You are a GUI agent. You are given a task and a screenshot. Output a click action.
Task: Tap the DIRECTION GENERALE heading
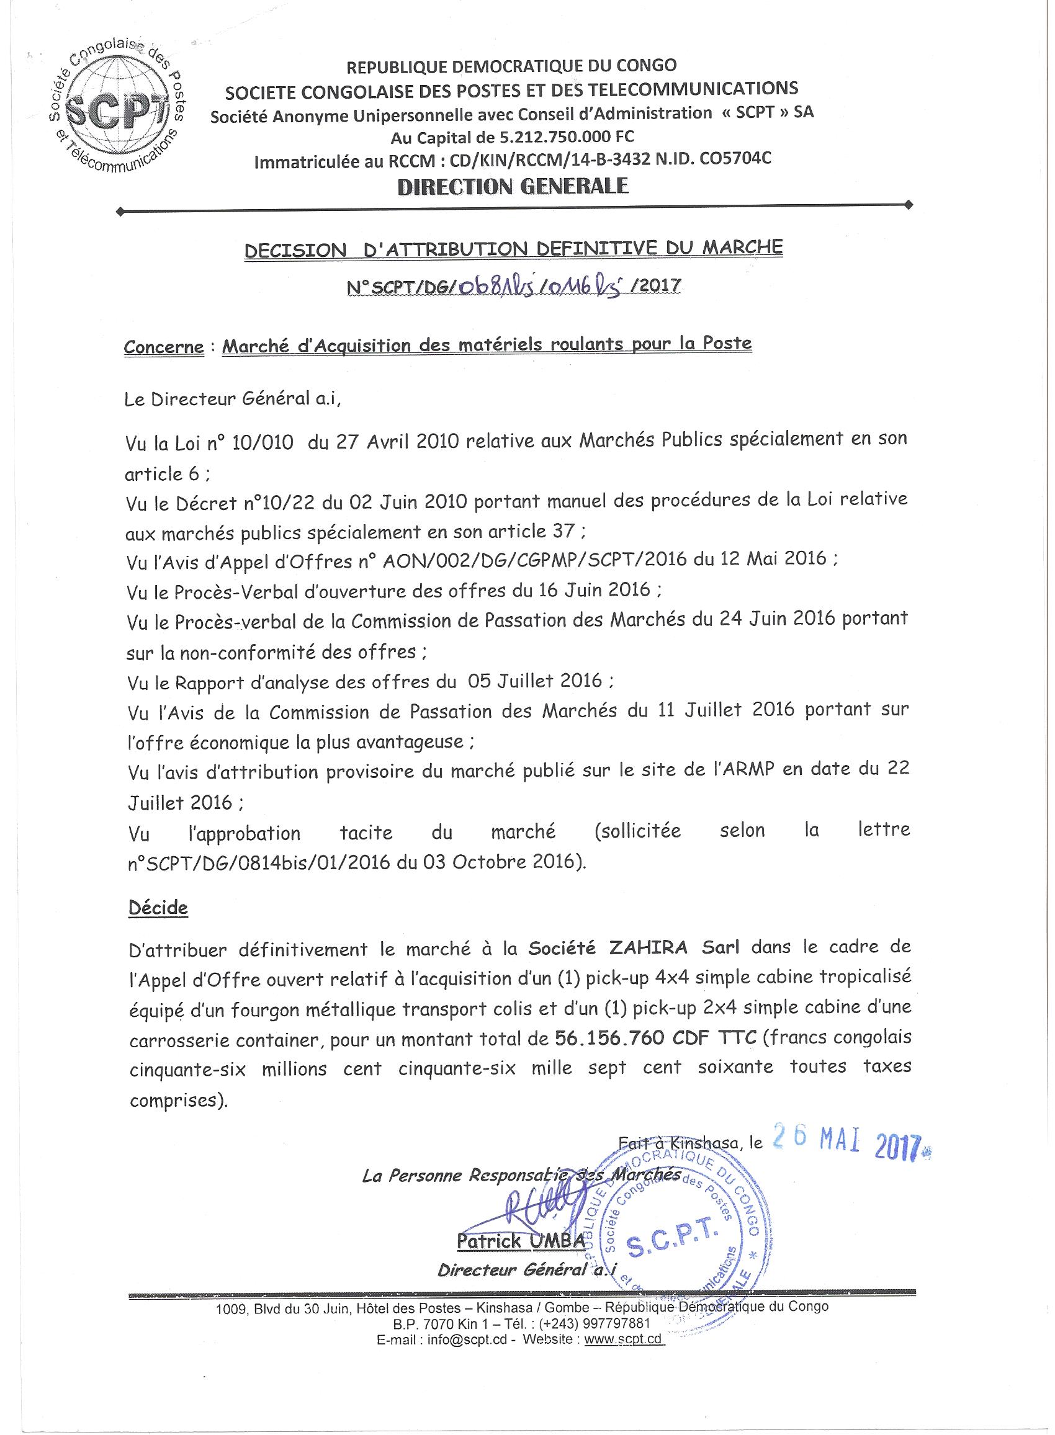tap(513, 186)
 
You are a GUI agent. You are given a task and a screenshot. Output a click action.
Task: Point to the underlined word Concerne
tap(163, 347)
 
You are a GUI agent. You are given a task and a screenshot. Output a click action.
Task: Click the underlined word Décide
tap(158, 908)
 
